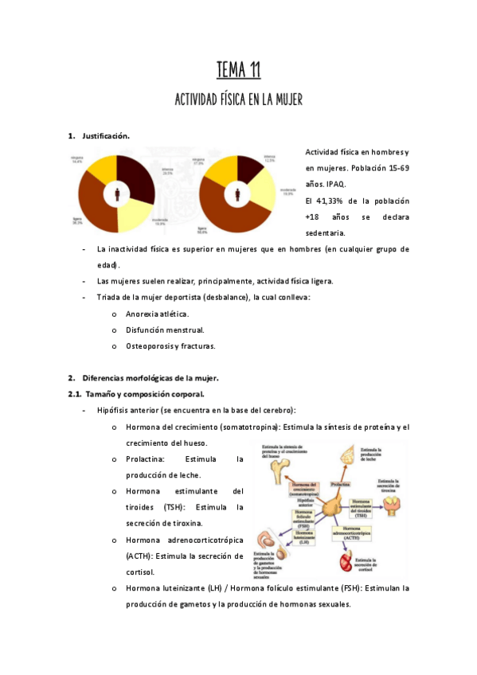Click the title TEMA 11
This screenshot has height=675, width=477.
238,72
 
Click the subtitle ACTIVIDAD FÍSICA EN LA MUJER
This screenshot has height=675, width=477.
238,99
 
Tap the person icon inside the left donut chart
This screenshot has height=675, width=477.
119,193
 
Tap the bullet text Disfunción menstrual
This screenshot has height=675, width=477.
165,330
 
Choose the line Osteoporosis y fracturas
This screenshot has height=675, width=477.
170,346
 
